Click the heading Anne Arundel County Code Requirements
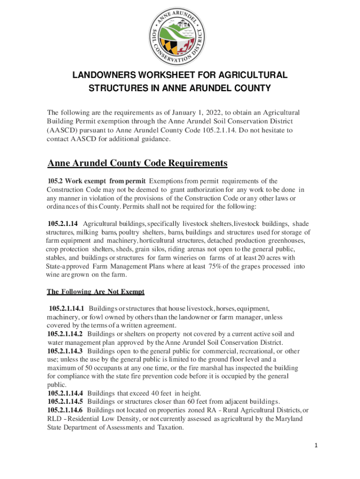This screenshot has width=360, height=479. (137, 163)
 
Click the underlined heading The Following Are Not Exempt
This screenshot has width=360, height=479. (95, 292)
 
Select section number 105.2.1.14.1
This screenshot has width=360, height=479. (66, 309)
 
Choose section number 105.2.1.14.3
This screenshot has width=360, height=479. (65, 351)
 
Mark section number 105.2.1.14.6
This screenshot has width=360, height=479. (65, 410)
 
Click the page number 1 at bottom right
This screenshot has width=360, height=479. (316, 446)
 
